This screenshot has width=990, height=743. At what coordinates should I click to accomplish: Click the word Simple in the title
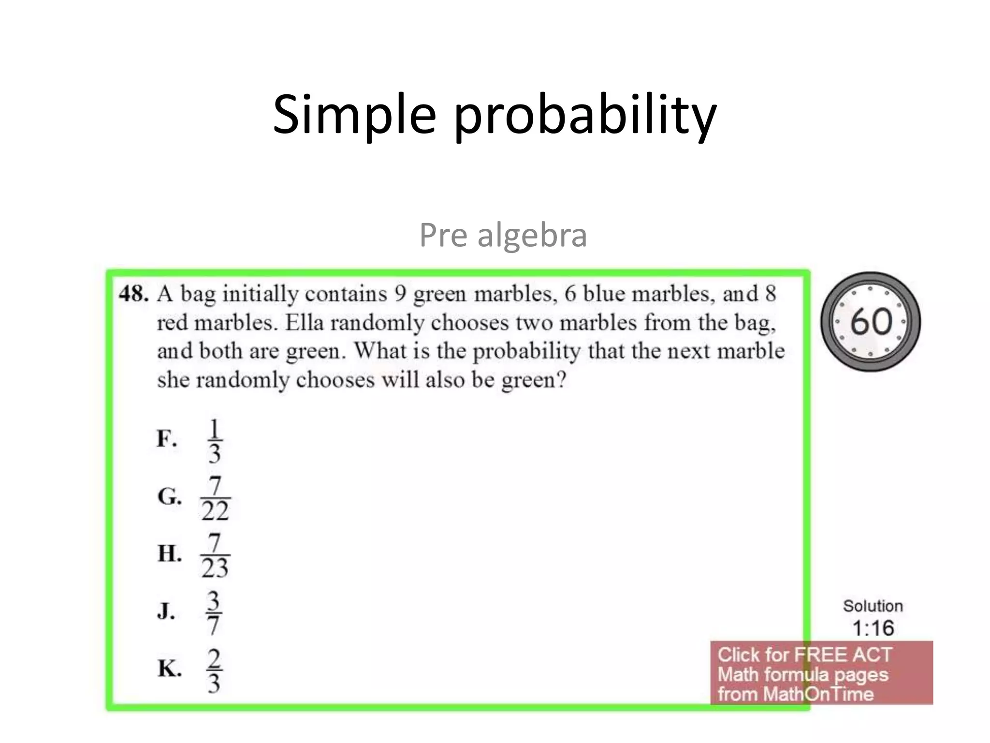[354, 115]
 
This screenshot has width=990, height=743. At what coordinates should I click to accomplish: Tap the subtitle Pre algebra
[503, 235]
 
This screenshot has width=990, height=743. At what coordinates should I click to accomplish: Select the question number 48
[133, 294]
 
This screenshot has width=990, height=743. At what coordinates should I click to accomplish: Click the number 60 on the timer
[871, 322]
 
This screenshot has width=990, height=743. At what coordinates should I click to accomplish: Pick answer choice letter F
[166, 439]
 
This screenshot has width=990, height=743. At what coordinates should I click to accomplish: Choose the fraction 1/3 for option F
[214, 441]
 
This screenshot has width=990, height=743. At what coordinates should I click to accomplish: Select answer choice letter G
[169, 496]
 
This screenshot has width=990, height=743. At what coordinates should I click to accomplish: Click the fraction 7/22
[215, 498]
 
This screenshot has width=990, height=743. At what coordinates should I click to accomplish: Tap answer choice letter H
[169, 553]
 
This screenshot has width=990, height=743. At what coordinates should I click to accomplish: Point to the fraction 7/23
[215, 555]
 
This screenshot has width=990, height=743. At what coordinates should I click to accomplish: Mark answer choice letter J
[166, 611]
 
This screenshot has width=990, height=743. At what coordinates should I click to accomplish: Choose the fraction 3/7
[214, 613]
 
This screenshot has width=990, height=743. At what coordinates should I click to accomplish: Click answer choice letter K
[169, 669]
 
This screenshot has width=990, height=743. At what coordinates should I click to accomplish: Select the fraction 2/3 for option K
[214, 670]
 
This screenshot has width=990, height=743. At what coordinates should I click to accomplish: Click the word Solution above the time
[873, 606]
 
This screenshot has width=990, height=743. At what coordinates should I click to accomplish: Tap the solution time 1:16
[873, 628]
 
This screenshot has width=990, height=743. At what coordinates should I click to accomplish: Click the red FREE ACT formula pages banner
[821, 674]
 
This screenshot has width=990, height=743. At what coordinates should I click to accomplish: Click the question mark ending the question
[561, 380]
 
